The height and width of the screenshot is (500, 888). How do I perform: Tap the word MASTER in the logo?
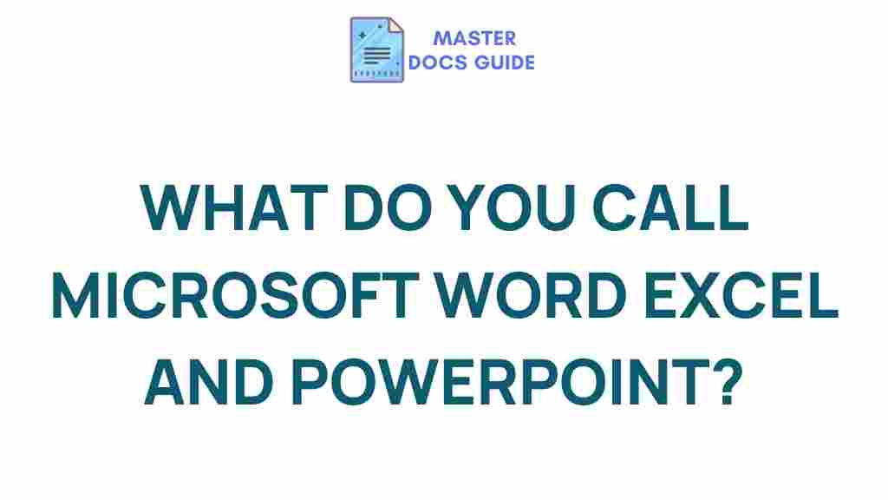pyautogui.click(x=474, y=38)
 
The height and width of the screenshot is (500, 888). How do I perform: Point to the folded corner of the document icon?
pyautogui.click(x=395, y=26)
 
